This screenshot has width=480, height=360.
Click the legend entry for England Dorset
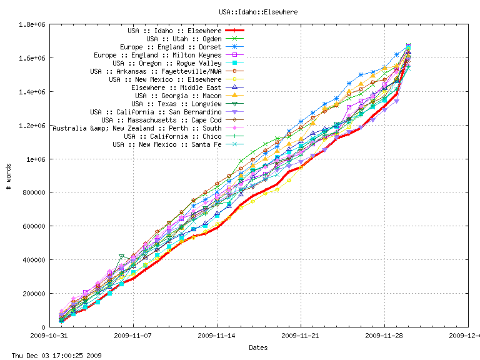pyautogui.click(x=171, y=47)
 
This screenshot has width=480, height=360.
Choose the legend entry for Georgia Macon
pyautogui.click(x=178, y=96)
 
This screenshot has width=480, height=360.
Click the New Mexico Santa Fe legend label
pyautogui.click(x=167, y=144)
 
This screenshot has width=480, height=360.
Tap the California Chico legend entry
pyautogui.click(x=172, y=136)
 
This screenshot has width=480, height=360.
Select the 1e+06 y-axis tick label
pyautogui.click(x=34, y=159)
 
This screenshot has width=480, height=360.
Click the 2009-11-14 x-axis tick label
pyautogui.click(x=217, y=335)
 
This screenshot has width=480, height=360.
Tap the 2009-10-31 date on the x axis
pyautogui.click(x=50, y=335)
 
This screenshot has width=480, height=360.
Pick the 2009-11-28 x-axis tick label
pyautogui.click(x=384, y=335)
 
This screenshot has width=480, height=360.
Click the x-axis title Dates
pyautogui.click(x=258, y=347)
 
